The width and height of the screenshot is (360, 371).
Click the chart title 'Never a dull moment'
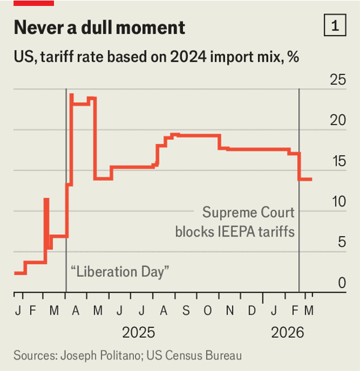pyautogui.click(x=99, y=28)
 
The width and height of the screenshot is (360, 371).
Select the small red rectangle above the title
pyautogui.click(x=34, y=3)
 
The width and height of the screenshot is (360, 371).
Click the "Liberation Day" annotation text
pyautogui.click(x=120, y=271)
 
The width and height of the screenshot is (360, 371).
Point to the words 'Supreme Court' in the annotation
pyautogui.click(x=248, y=213)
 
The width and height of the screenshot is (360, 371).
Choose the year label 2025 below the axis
pyautogui.click(x=139, y=333)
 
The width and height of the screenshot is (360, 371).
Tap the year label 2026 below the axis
pyautogui.click(x=288, y=333)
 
